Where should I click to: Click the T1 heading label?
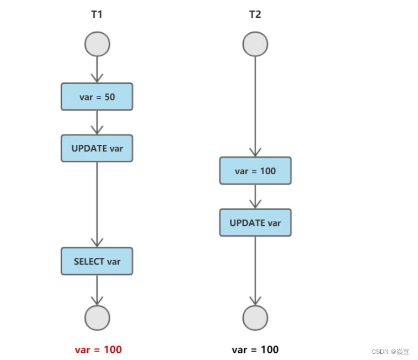97,15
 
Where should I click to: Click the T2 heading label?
255,15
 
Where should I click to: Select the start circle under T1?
97,44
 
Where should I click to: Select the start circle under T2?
255,44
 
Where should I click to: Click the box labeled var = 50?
97,97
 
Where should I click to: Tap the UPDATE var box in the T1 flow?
97,148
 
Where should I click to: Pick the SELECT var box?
97,261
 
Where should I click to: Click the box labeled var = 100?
255,171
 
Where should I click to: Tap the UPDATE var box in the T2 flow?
255,222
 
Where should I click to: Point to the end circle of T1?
97,318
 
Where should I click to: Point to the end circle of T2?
255,318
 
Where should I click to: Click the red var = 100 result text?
98,349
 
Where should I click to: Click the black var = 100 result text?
255,349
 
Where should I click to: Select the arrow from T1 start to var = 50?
97,69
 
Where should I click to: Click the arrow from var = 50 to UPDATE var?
97,122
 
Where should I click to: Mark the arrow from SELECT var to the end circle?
97,290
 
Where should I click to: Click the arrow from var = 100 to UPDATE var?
255,196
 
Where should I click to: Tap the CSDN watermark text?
391,352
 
